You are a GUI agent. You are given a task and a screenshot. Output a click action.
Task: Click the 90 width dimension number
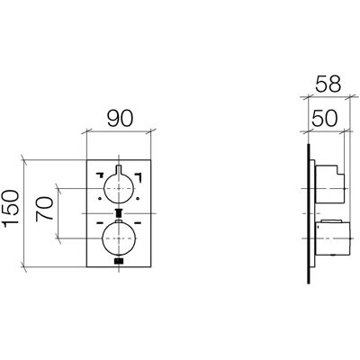tap(120, 119)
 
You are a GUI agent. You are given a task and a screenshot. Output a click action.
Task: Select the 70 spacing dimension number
tap(44, 209)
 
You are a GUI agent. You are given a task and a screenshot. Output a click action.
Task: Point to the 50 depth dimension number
tap(325, 118)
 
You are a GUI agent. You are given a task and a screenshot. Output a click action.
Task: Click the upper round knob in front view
tap(119, 188)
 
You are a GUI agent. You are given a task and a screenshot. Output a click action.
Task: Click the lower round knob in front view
tap(119, 238)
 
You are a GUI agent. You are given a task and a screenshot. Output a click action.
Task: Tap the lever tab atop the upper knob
tap(119, 169)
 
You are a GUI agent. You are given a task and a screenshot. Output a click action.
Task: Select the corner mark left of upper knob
tap(100, 174)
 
